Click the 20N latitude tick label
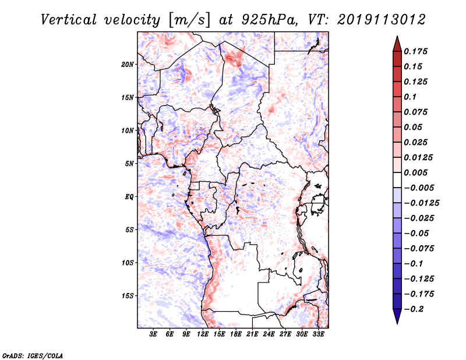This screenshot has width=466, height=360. tap(128, 65)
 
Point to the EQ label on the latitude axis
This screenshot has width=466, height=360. tap(129, 197)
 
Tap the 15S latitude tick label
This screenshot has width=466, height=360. tap(128, 296)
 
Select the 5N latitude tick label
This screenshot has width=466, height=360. tap(129, 164)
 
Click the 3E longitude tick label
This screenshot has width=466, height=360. tap(153, 334)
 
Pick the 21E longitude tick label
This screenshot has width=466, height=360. tap(252, 334)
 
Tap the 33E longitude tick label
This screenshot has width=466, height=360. tap(318, 334)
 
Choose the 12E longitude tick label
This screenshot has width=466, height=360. tap(203, 334)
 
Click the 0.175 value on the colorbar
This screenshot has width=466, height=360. tap(415, 51)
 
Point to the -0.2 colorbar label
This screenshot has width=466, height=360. tap(414, 309)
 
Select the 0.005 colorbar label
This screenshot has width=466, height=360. tap(415, 172)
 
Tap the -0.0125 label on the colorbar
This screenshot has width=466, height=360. tap(421, 203)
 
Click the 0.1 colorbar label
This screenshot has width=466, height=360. tap(410, 97)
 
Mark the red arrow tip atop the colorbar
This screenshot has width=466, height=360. tap(397, 36)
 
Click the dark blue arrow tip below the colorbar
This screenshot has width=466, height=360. tap(397, 323)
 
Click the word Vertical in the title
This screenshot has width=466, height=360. tap(68, 20)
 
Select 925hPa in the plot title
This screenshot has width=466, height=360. tap(270, 20)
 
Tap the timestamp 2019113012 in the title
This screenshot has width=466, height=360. tap(382, 20)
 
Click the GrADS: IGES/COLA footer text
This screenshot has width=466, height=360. tap(33, 355)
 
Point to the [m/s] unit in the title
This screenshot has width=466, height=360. tap(189, 20)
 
